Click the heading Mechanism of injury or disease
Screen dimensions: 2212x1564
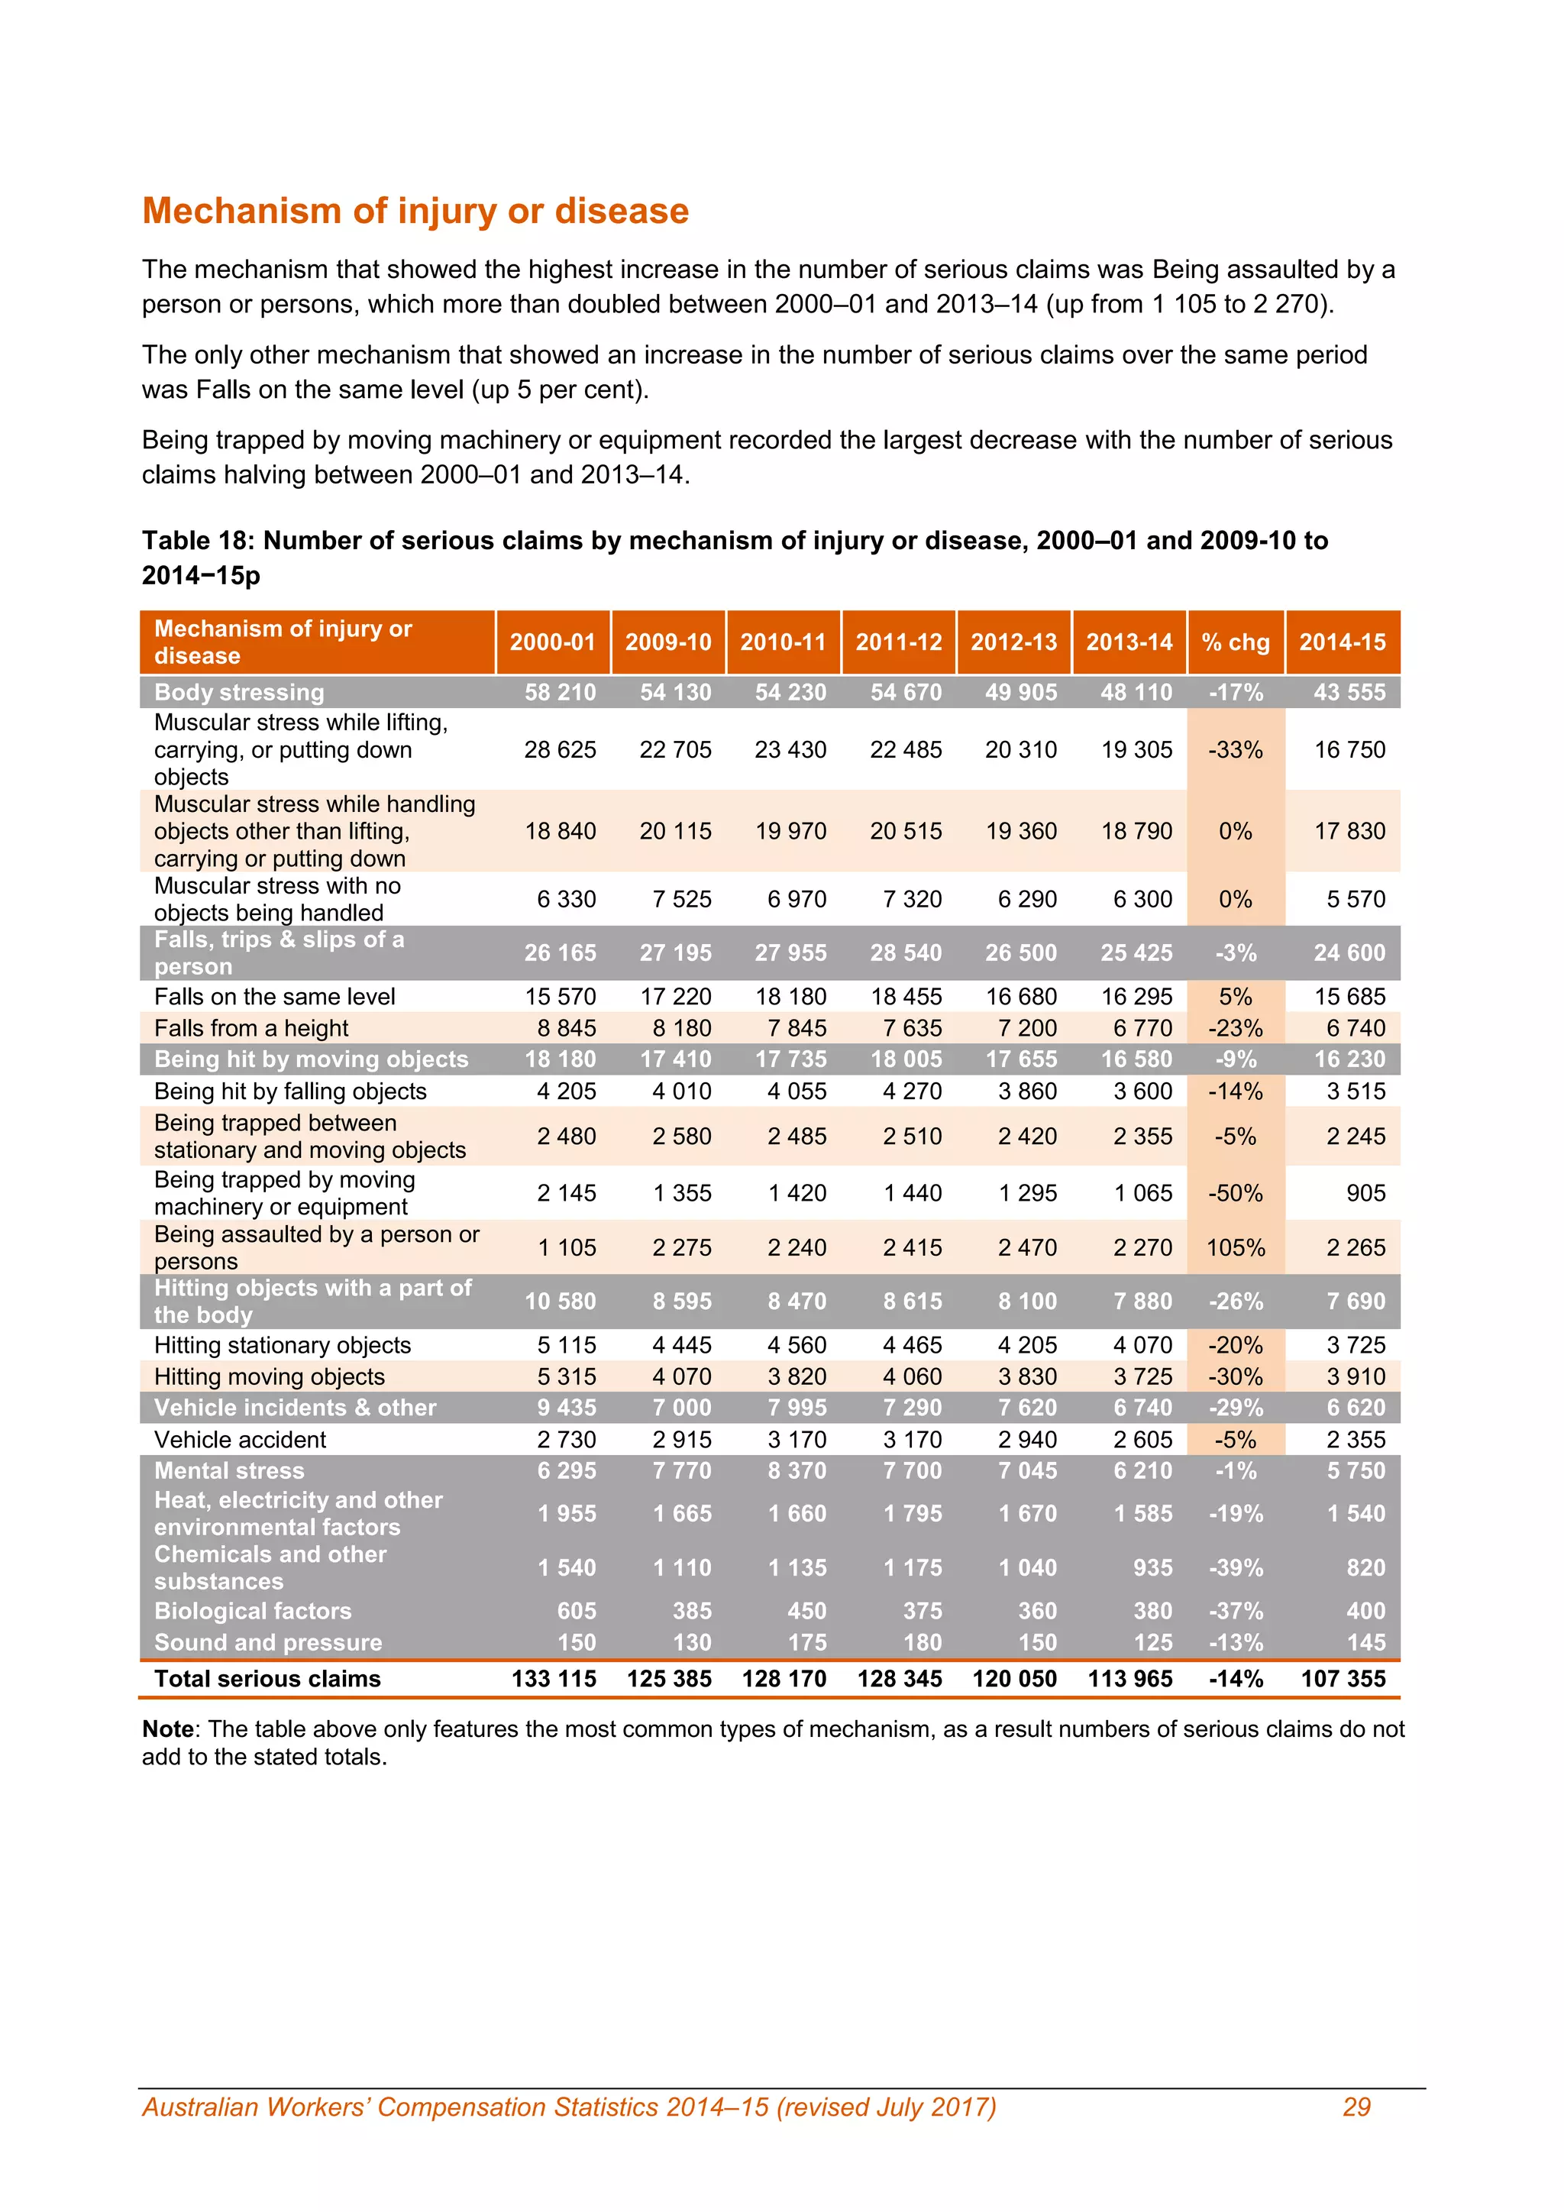point(415,211)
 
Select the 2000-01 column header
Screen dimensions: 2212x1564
point(553,642)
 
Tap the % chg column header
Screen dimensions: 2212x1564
point(1236,642)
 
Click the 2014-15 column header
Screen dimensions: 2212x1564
point(1343,642)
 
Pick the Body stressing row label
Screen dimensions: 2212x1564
point(239,692)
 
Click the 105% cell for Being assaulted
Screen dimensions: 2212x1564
point(1236,1247)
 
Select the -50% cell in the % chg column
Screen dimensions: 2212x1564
point(1236,1193)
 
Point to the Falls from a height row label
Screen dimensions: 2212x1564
point(250,1028)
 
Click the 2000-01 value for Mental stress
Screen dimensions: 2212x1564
point(567,1470)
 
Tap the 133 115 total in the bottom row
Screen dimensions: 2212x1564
point(554,1678)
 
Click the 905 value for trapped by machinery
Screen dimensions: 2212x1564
point(1365,1193)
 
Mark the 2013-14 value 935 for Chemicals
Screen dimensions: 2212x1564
point(1153,1567)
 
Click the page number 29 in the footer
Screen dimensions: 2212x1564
point(1356,2107)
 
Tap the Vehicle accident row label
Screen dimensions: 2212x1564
point(240,1439)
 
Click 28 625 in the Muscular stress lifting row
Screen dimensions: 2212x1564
point(560,749)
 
